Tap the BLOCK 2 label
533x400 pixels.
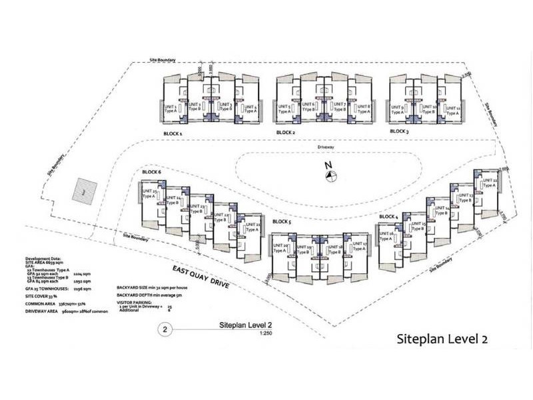(285, 133)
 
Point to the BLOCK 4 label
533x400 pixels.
(388, 217)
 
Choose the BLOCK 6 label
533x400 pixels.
(151, 172)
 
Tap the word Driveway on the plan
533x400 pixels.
(326, 145)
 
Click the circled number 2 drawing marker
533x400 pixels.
(163, 329)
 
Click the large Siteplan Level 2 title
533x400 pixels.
(442, 338)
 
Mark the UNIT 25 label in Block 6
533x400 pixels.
(149, 194)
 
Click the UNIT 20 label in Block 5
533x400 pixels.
(280, 249)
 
